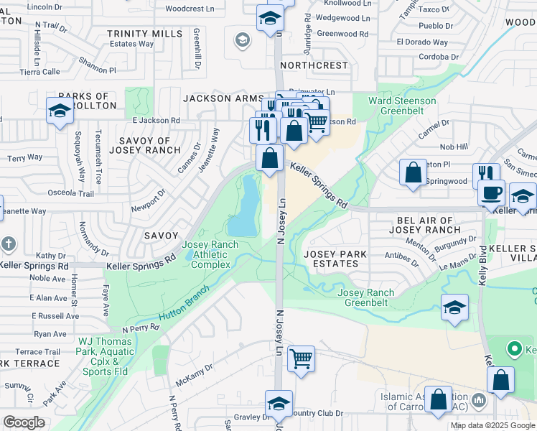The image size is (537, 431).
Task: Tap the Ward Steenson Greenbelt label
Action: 402,106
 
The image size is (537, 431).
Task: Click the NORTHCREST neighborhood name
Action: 314,65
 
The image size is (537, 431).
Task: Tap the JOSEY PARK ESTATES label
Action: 335,259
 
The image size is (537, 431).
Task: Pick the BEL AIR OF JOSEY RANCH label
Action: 424,225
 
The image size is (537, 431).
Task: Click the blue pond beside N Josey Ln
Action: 248,207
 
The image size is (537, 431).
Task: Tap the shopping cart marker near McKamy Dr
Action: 301,357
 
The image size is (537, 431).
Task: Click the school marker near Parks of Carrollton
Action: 60,111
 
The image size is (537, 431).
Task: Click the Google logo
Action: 24,422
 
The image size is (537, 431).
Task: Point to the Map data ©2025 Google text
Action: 492,425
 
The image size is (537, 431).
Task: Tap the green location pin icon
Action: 514,350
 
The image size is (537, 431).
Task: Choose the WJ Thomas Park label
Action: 106,357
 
